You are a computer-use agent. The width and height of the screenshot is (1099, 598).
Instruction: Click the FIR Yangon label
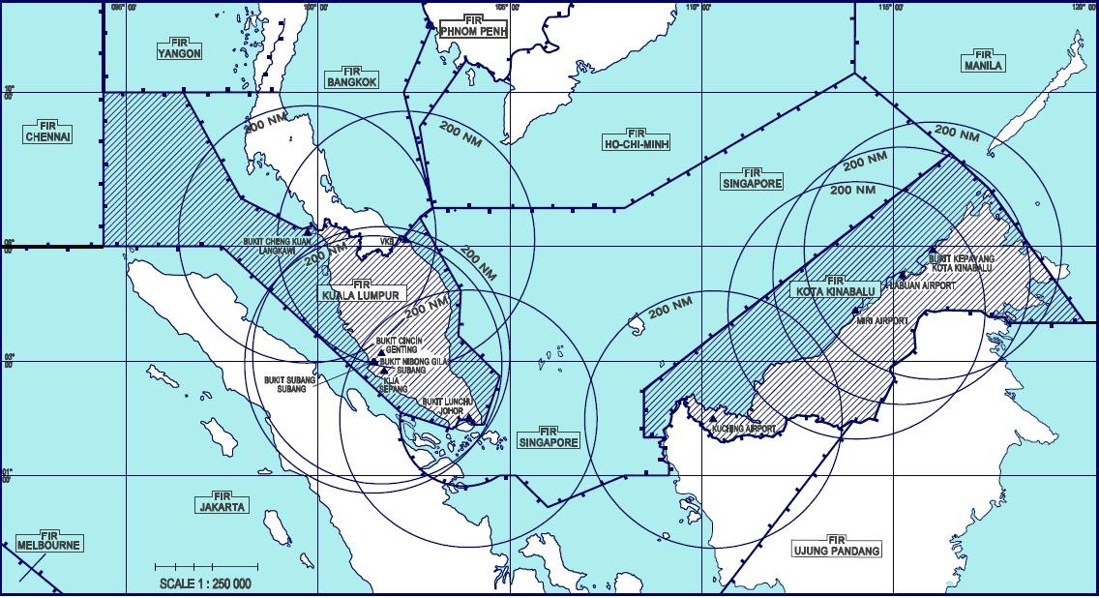point(179,49)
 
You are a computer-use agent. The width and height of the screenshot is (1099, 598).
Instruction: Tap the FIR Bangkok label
point(351,77)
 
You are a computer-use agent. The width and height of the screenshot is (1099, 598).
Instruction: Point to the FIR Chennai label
point(48,133)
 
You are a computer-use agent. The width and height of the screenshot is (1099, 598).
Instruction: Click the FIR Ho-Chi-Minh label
point(636,140)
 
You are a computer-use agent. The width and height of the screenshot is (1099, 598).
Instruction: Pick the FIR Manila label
point(983,61)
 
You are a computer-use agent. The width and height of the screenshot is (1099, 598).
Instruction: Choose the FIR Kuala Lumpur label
point(362,290)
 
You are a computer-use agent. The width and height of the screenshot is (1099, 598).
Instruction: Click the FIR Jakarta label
point(223,501)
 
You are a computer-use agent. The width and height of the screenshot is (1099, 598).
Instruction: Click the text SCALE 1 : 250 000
point(205,583)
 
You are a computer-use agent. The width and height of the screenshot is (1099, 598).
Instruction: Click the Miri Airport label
point(881,319)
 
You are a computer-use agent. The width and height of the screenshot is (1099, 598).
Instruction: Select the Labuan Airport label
point(930,285)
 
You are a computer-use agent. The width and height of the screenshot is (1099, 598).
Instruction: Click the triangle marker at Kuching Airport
point(714,418)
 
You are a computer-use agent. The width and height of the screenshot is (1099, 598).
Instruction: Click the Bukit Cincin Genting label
point(397,345)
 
